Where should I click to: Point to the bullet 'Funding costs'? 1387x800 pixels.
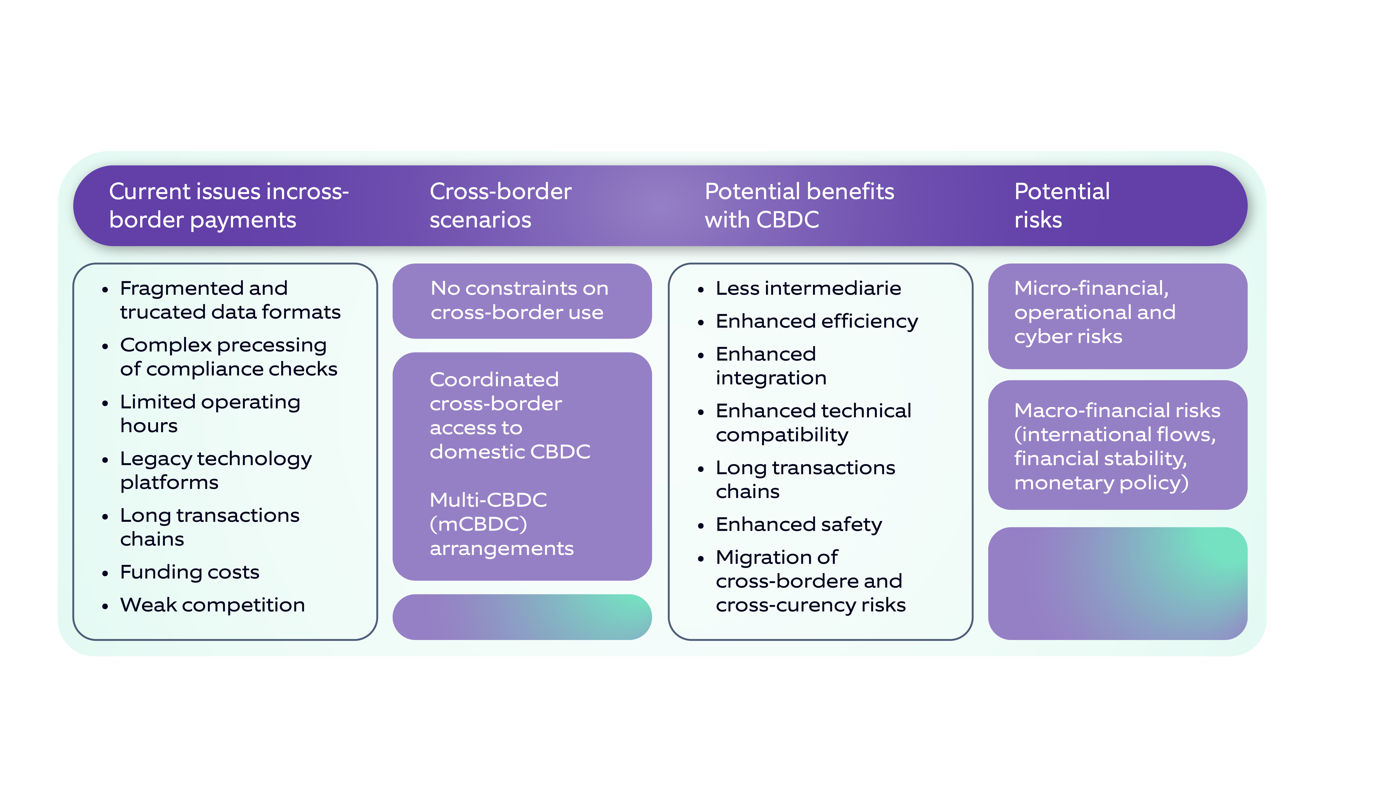tap(190, 572)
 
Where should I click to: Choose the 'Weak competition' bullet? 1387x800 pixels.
tap(212, 605)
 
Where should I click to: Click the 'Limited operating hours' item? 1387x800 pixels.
tap(210, 414)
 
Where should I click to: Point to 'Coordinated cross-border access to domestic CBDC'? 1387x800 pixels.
tap(509, 415)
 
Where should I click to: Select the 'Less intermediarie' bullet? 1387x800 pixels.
tap(808, 288)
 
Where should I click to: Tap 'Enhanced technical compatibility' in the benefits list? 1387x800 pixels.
tap(813, 422)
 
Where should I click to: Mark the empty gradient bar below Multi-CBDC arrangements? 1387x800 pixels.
tap(522, 617)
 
